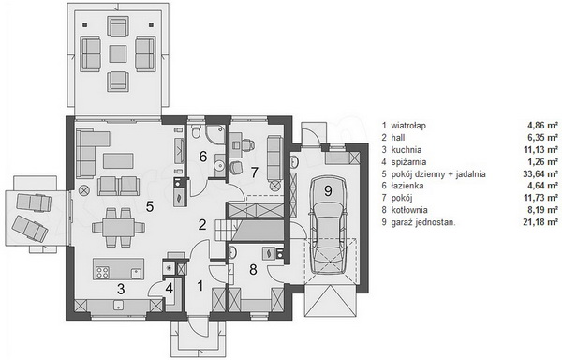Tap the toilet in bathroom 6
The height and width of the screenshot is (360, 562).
(197, 131)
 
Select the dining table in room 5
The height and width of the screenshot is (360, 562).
(119, 227)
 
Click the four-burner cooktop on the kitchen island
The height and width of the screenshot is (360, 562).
(102, 273)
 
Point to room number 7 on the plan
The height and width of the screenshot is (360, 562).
(254, 172)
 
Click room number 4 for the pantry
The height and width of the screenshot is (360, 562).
(170, 289)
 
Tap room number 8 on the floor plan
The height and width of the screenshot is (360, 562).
(253, 269)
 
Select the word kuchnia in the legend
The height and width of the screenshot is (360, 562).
(407, 149)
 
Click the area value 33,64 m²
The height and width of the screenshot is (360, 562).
(540, 173)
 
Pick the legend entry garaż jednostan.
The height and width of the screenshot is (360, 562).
(423, 222)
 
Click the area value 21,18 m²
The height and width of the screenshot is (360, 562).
(540, 222)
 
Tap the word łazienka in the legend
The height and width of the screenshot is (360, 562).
(407, 186)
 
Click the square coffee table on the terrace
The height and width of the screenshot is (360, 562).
(118, 53)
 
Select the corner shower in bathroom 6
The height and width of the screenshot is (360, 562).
(215, 134)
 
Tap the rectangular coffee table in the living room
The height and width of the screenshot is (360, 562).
(118, 160)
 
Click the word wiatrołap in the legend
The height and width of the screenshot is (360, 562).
(408, 126)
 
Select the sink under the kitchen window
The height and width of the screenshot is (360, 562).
(118, 305)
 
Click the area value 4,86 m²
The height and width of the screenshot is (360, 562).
(542, 126)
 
